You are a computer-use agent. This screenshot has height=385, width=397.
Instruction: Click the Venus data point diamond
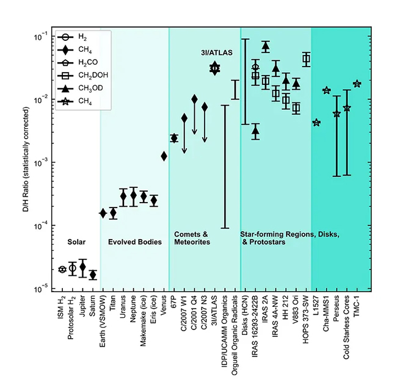coord(164,156)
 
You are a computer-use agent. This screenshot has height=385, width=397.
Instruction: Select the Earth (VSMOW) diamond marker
coord(103,213)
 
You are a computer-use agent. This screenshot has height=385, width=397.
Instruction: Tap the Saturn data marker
coord(93,275)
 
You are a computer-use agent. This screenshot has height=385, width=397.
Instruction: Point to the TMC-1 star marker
coord(357,84)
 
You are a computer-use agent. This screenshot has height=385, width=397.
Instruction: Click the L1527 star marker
coord(316,123)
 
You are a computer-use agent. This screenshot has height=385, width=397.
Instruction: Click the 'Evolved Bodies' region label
coord(134,242)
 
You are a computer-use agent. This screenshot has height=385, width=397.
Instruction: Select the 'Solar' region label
coord(78,242)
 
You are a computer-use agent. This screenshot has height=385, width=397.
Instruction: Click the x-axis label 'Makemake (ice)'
coord(144,320)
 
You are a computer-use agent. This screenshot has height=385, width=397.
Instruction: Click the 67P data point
coord(174,139)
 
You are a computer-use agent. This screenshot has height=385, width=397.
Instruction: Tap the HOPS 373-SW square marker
coord(306,59)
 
